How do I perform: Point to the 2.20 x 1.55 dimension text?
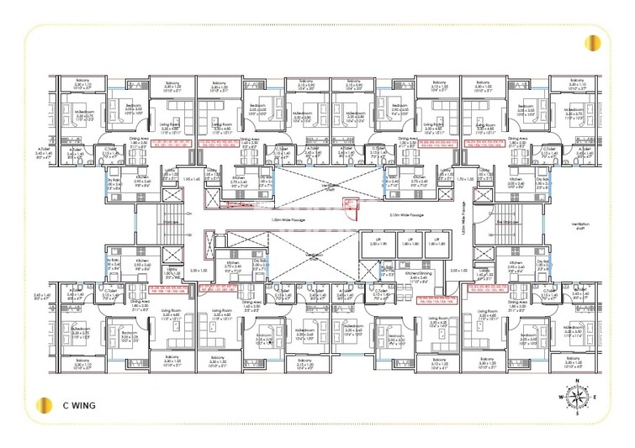pos(198,271)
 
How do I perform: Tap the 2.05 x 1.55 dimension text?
pos(459,271)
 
